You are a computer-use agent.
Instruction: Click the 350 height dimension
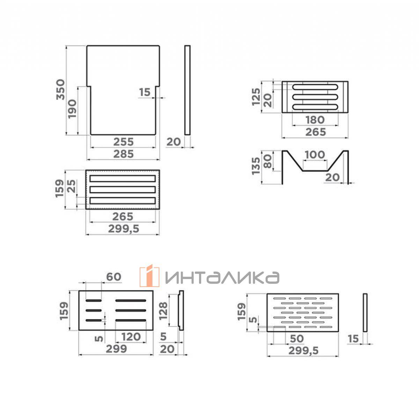(61, 90)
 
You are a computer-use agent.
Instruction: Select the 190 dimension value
(72, 109)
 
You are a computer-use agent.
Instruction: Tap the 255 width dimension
(123, 142)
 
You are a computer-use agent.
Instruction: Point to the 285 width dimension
(123, 154)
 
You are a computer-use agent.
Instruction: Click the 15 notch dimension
(145, 92)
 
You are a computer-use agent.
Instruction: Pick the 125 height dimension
(256, 97)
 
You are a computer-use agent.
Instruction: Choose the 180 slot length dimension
(315, 120)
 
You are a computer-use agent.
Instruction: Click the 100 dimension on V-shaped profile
(315, 155)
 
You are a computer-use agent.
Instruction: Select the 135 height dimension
(256, 166)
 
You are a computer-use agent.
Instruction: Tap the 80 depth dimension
(268, 161)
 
